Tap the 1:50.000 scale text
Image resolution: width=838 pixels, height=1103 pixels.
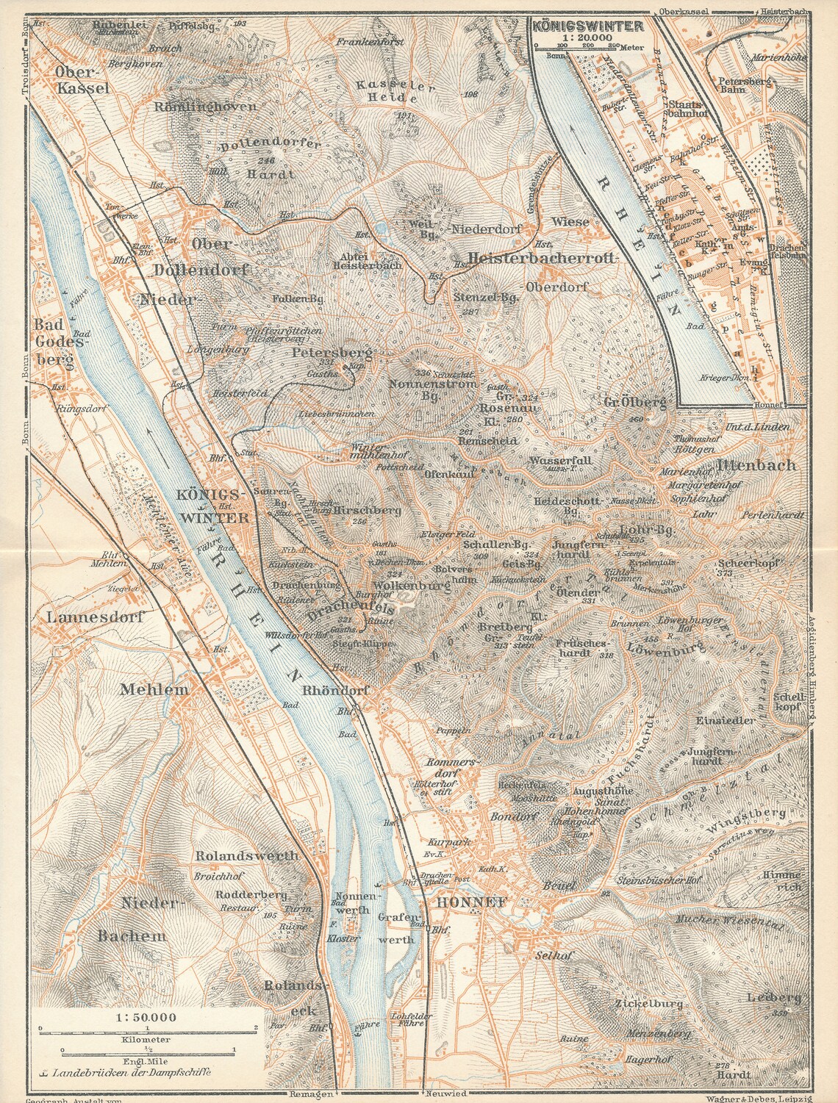point(146,1017)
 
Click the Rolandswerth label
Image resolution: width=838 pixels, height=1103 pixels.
point(247,855)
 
